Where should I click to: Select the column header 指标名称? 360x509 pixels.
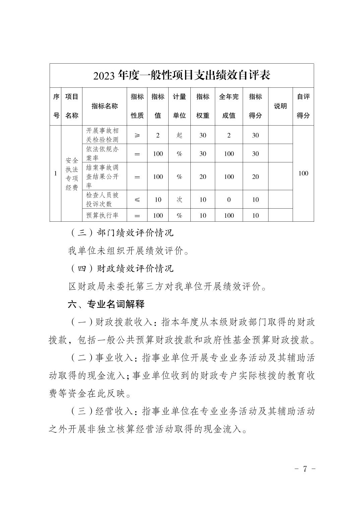105,106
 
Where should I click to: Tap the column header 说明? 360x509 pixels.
280,106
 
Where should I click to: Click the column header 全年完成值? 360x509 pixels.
229,106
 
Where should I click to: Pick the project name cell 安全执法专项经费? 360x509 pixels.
71,174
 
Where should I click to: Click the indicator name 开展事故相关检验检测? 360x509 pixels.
103,135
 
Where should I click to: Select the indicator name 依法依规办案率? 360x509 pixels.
103,153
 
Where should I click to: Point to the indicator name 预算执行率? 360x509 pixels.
103,215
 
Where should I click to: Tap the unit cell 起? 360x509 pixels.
179,135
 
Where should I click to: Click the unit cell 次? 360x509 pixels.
179,200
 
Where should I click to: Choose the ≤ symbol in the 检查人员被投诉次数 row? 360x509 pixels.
137,200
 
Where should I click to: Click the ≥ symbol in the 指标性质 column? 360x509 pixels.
137,135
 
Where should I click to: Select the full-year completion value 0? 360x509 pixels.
229,200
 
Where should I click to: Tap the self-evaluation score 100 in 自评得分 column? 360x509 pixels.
303,173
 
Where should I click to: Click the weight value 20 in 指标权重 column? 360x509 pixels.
203,177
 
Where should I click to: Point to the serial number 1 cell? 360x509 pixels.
55,173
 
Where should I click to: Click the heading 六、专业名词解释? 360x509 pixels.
106,304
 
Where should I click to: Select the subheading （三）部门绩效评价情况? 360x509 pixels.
121,233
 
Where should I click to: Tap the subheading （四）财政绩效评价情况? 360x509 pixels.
121,269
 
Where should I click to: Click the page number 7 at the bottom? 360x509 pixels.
305,468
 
